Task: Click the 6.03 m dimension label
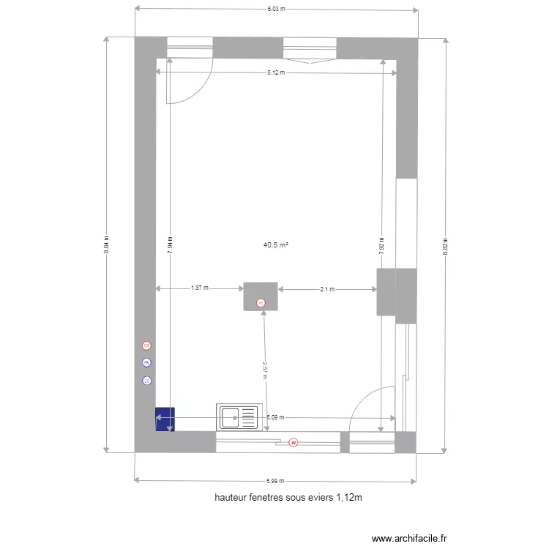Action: [x=275, y=9]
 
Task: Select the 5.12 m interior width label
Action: [x=275, y=72]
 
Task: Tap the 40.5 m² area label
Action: [x=275, y=246]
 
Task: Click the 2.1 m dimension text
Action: [x=327, y=289]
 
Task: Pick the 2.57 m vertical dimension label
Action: [x=265, y=370]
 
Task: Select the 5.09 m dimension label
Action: [x=275, y=417]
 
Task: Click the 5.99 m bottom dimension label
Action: [x=275, y=481]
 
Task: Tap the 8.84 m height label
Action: [x=107, y=244]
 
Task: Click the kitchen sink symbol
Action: [x=239, y=417]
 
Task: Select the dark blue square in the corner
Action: [x=165, y=419]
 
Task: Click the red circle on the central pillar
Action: [x=260, y=302]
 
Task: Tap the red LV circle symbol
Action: [x=293, y=442]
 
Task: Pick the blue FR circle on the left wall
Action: [x=146, y=362]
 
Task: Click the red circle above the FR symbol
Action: [x=146, y=346]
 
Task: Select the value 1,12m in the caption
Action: [x=350, y=498]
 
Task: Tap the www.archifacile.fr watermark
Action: [x=409, y=538]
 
